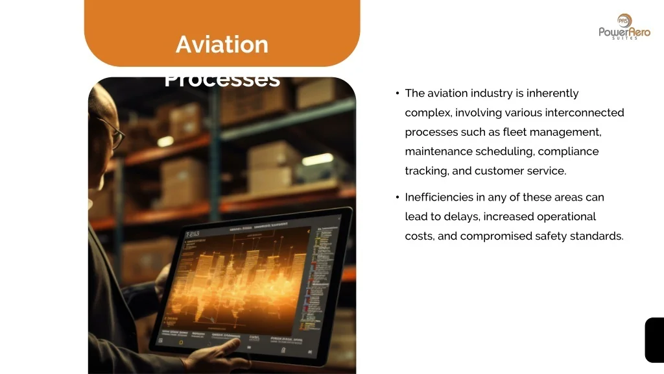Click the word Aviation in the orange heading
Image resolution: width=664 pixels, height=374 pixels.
(x=222, y=44)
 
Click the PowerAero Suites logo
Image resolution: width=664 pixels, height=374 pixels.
(x=624, y=27)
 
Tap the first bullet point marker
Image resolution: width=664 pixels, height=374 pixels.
(x=396, y=93)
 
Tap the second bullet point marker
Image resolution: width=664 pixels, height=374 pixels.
(x=396, y=197)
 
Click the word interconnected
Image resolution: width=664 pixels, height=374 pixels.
(x=584, y=113)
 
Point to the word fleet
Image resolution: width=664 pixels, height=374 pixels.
(x=514, y=132)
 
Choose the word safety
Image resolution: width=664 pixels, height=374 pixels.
(x=551, y=236)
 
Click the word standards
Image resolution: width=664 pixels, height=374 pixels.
(x=597, y=236)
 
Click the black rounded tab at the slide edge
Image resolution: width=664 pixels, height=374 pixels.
(x=654, y=340)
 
